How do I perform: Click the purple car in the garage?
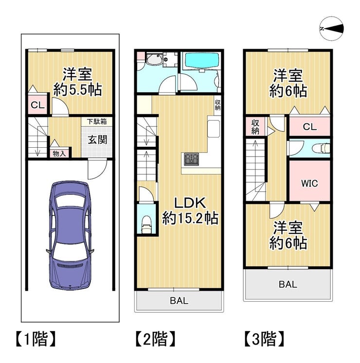(x=70, y=235)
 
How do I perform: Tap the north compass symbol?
(x=331, y=29)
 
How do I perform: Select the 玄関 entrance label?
(x=97, y=139)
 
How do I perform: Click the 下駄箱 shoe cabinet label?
(x=97, y=121)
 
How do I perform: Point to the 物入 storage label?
(x=59, y=153)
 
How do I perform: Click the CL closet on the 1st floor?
(x=37, y=105)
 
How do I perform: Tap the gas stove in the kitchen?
(x=192, y=159)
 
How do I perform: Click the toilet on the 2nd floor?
(x=147, y=225)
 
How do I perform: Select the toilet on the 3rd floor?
(x=321, y=148)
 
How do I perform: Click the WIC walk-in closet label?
(x=309, y=183)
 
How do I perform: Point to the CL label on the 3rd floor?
(x=310, y=127)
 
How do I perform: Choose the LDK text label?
(x=190, y=203)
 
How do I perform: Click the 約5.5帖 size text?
(x=78, y=90)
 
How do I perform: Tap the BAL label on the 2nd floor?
(x=179, y=301)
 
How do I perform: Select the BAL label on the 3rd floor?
(x=288, y=284)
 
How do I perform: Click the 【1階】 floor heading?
(x=36, y=339)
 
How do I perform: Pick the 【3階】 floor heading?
(x=264, y=339)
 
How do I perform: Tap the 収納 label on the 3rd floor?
(x=255, y=127)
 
